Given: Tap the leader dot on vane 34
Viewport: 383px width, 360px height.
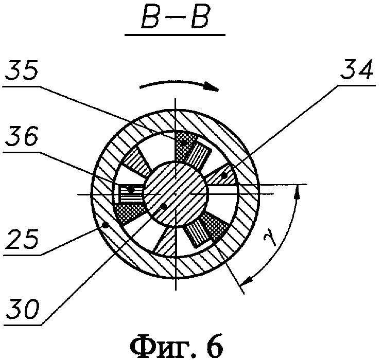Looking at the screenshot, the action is pos(225,176).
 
